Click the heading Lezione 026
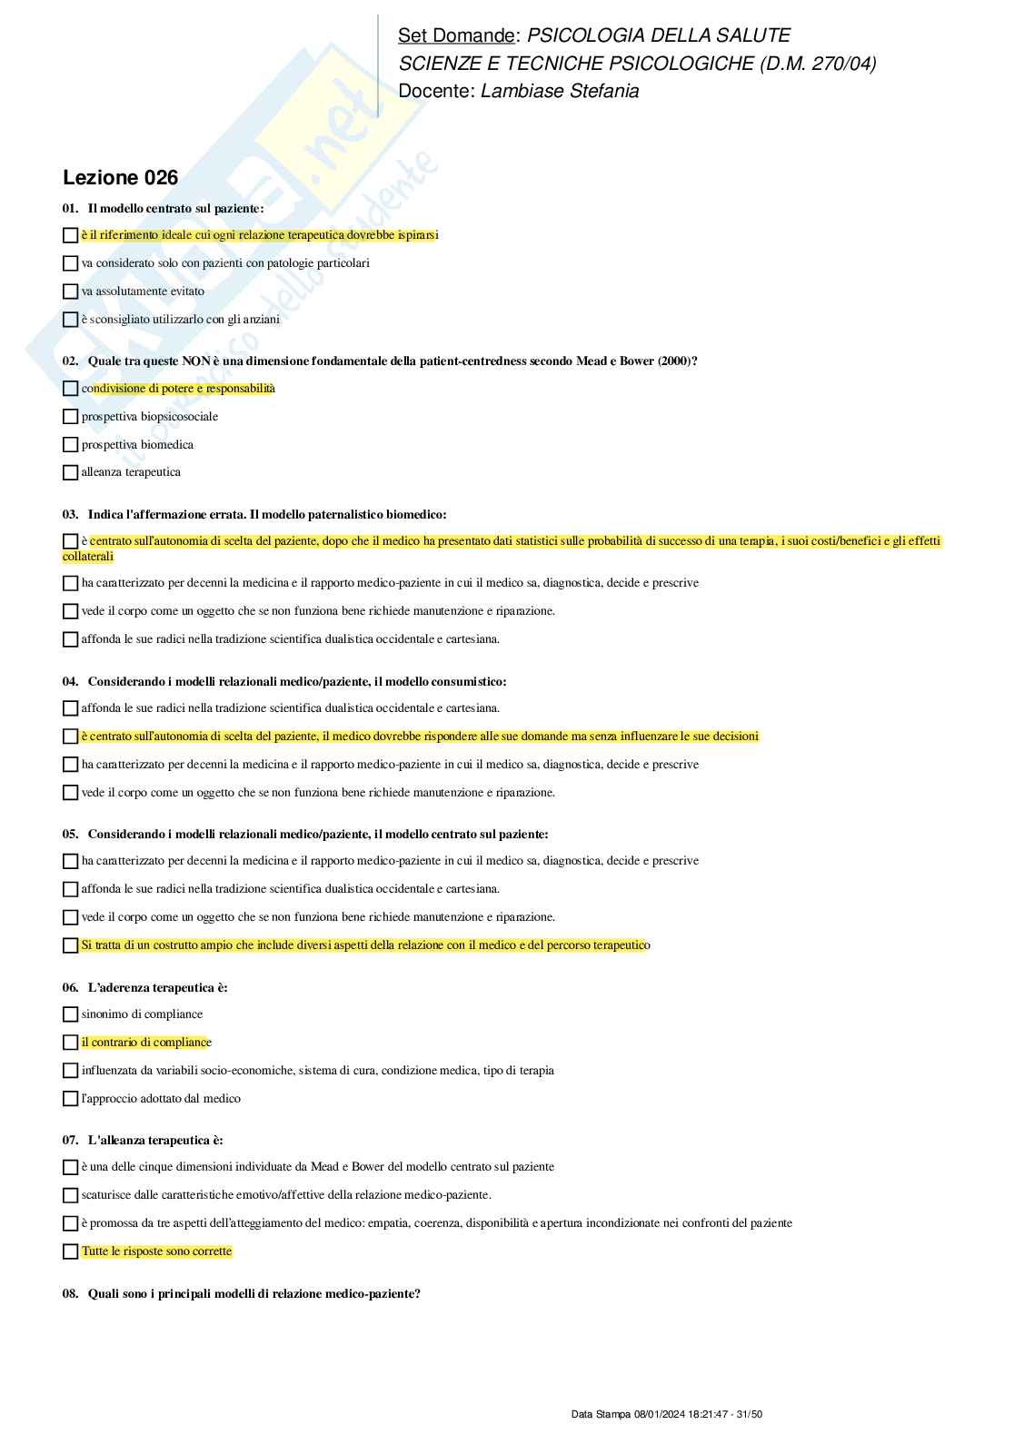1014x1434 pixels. click(120, 178)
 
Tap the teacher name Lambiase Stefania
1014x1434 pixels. click(559, 91)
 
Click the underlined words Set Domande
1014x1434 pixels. click(456, 35)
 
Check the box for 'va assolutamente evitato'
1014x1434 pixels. click(70, 292)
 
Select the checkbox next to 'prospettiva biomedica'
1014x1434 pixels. click(70, 445)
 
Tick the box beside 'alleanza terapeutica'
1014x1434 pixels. click(70, 472)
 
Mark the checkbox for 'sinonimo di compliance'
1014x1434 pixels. click(70, 1014)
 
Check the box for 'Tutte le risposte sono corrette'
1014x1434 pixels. click(70, 1251)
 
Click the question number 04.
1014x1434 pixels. click(70, 681)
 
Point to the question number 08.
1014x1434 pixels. click(70, 1293)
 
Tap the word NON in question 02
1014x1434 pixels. click(196, 361)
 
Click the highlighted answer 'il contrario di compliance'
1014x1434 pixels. click(146, 1043)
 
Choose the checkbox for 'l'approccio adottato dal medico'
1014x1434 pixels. click(70, 1099)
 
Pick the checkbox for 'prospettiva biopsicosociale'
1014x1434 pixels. click(70, 417)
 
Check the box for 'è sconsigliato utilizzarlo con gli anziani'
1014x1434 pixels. click(70, 320)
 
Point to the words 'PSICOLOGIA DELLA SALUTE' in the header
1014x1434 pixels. click(659, 35)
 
